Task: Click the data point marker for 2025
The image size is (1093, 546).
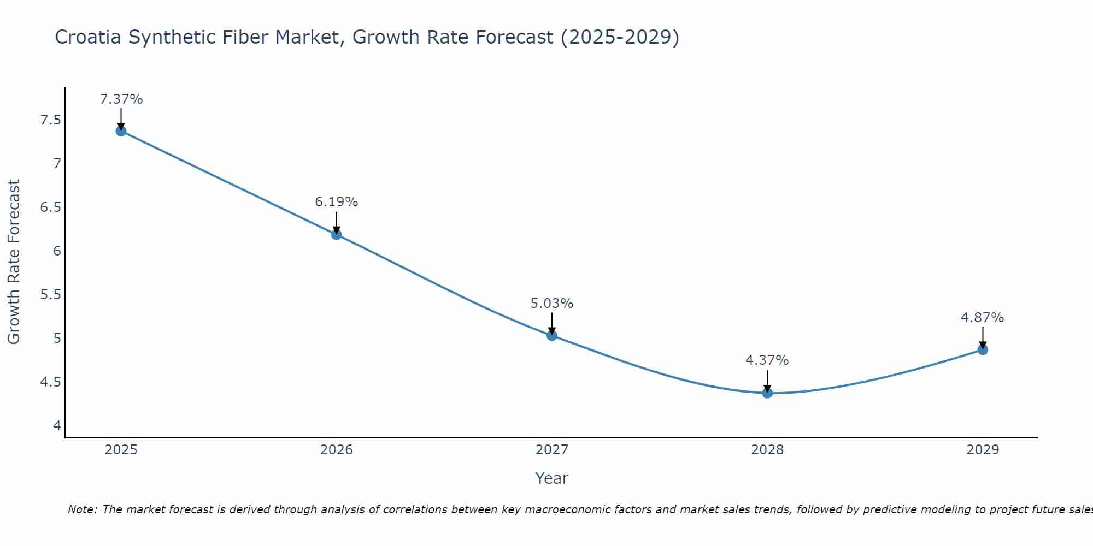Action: pyautogui.click(x=121, y=130)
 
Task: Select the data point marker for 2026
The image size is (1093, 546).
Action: pyautogui.click(x=336, y=234)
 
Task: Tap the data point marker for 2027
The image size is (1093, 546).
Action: pyautogui.click(x=552, y=335)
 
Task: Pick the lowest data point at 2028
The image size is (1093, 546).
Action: pyautogui.click(x=767, y=393)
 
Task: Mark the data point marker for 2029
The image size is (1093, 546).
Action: pyautogui.click(x=983, y=349)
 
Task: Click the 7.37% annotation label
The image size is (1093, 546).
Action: pyautogui.click(x=121, y=99)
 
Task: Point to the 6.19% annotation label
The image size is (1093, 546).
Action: pyautogui.click(x=336, y=202)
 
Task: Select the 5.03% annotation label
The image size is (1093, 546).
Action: pyautogui.click(x=552, y=304)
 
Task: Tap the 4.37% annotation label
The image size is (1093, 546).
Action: pyautogui.click(x=767, y=360)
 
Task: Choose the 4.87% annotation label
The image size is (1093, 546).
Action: pyautogui.click(x=983, y=318)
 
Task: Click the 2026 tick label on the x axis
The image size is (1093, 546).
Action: pyautogui.click(x=336, y=450)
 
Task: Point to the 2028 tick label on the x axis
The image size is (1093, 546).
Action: pyautogui.click(x=767, y=450)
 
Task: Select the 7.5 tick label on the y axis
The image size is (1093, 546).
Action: pyautogui.click(x=50, y=120)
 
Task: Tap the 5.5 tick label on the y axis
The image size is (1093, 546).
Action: pyautogui.click(x=50, y=295)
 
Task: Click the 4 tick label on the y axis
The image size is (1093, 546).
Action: pyautogui.click(x=57, y=425)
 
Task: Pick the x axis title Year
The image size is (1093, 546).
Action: pyautogui.click(x=552, y=478)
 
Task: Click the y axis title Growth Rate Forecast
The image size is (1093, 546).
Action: pyautogui.click(x=14, y=262)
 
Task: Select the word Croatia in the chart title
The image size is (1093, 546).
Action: pyautogui.click(x=89, y=37)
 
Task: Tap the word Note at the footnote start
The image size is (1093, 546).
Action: pyautogui.click(x=82, y=509)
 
